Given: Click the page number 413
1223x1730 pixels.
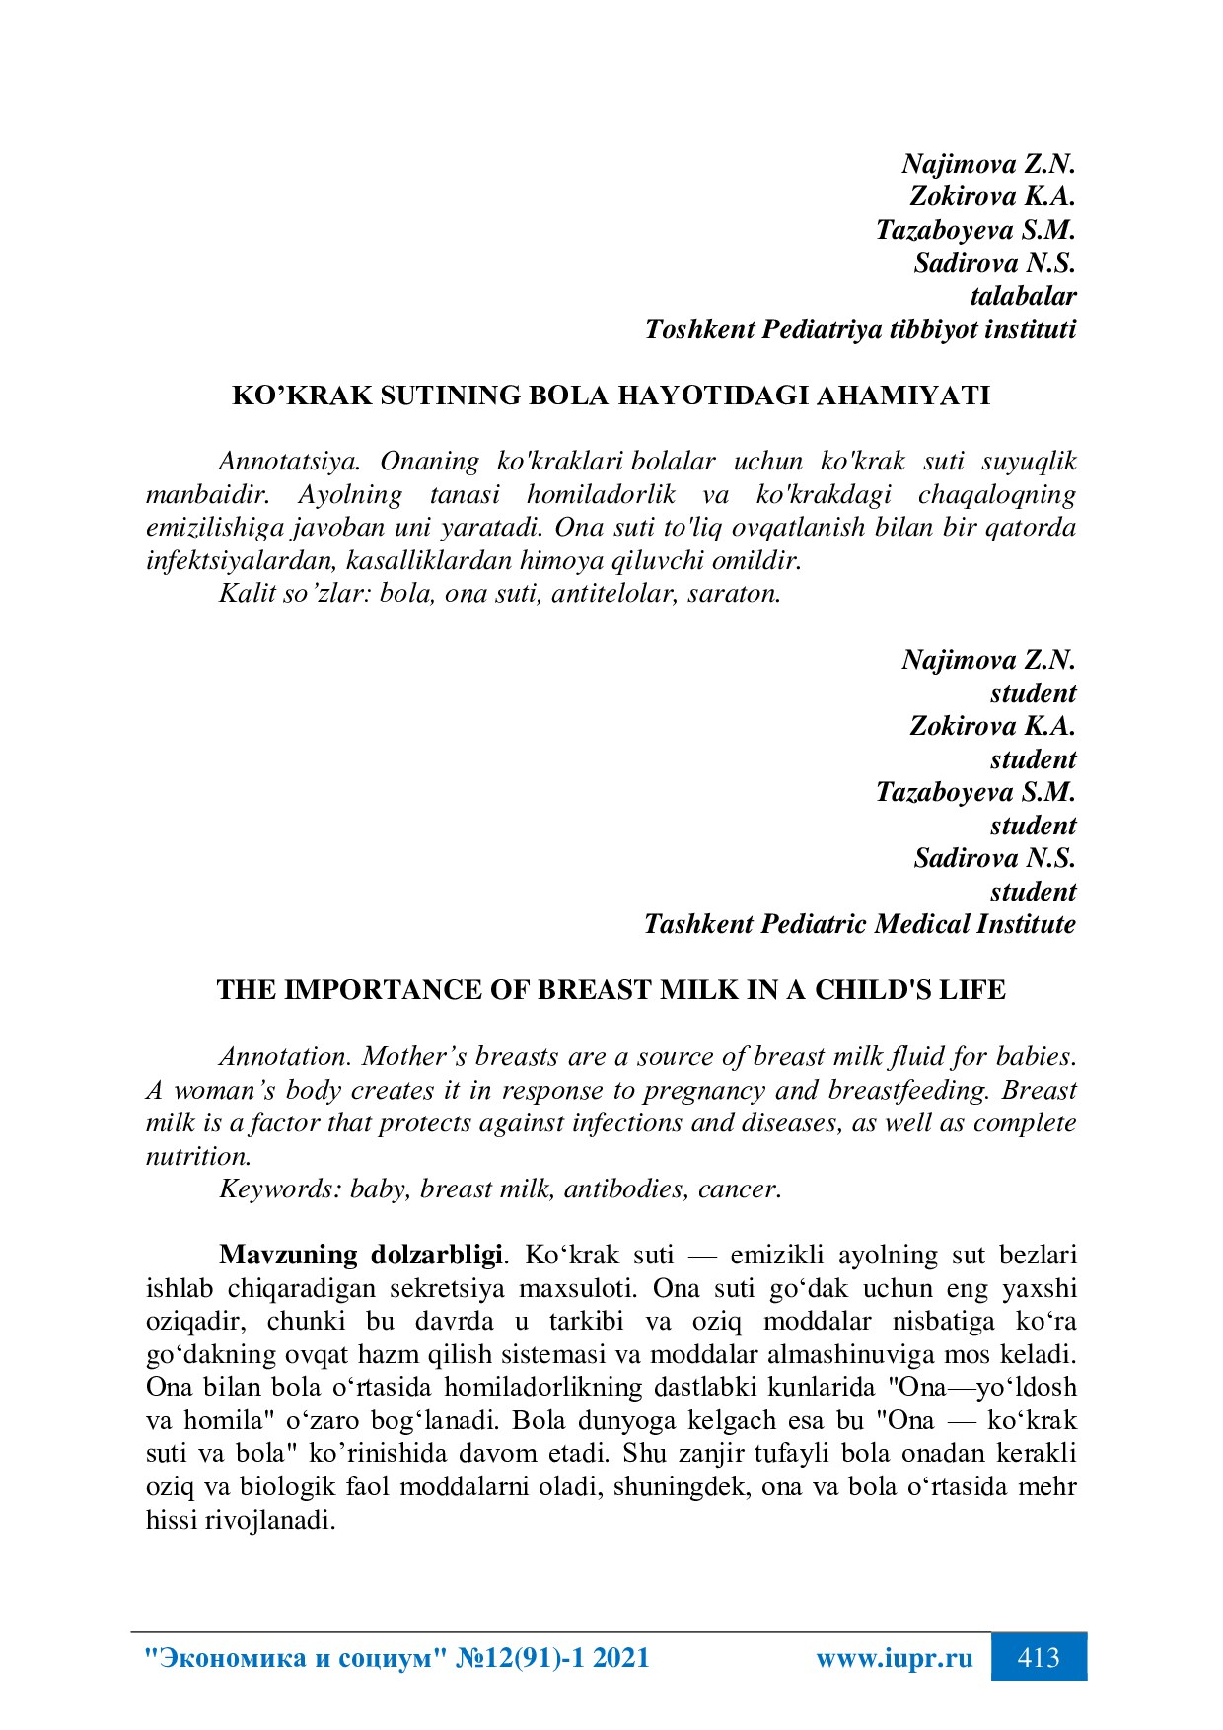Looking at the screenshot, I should [1038, 1657].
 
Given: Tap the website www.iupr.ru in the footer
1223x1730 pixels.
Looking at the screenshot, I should [894, 1658].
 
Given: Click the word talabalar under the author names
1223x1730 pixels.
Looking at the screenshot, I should [1023, 296].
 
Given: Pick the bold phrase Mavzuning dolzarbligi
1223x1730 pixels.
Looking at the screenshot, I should [361, 1256].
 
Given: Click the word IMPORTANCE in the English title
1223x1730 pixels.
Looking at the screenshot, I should [377, 990].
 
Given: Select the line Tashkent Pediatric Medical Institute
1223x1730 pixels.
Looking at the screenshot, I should [859, 924].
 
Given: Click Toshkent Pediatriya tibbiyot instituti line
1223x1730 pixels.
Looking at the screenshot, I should [859, 329].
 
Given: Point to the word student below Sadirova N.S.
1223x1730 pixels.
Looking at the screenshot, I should [1033, 892].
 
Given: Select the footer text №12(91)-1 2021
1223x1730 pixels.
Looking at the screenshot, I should [553, 1658].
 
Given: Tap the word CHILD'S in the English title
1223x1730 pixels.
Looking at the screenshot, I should [869, 990].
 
